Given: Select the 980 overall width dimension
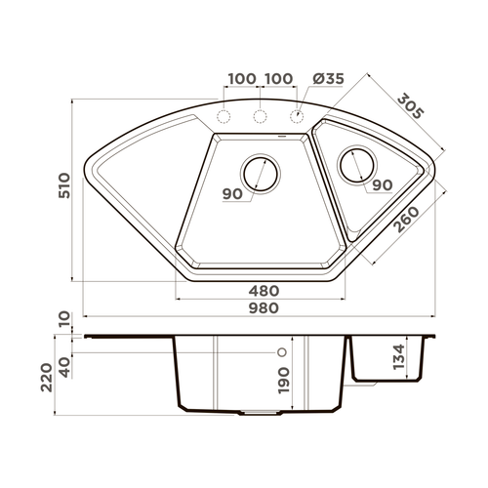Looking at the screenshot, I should (264, 307).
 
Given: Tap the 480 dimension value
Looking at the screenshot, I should (264, 290).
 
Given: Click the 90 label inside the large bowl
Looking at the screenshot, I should (232, 193).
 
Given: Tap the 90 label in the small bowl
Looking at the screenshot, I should (382, 184).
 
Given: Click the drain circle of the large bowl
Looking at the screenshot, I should (262, 174).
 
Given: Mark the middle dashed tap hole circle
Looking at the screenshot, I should (261, 118).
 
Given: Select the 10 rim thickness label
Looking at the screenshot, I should (63, 320).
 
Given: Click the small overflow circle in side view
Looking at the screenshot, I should (282, 350).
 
